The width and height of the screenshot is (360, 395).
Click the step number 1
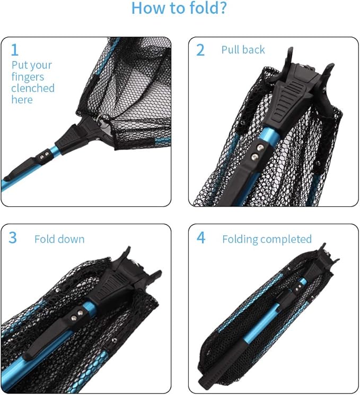pyautogui.click(x=15, y=50)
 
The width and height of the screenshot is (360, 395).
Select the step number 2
pyautogui.click(x=200, y=50)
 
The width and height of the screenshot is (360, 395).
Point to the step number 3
pyautogui.click(x=13, y=238)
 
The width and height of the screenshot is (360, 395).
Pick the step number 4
pyautogui.click(x=201, y=238)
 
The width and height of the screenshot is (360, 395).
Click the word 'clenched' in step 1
pyautogui.click(x=33, y=88)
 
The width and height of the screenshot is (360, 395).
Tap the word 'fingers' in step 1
pyautogui.click(x=28, y=77)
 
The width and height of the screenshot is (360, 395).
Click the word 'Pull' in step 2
pyautogui.click(x=231, y=50)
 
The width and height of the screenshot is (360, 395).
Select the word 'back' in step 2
pyautogui.click(x=253, y=50)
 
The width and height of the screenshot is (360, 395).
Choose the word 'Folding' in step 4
pyautogui.click(x=240, y=239)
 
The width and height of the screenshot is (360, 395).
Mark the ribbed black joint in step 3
pyautogui.click(x=112, y=286)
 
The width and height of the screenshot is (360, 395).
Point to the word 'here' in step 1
pyautogui.click(x=22, y=100)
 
